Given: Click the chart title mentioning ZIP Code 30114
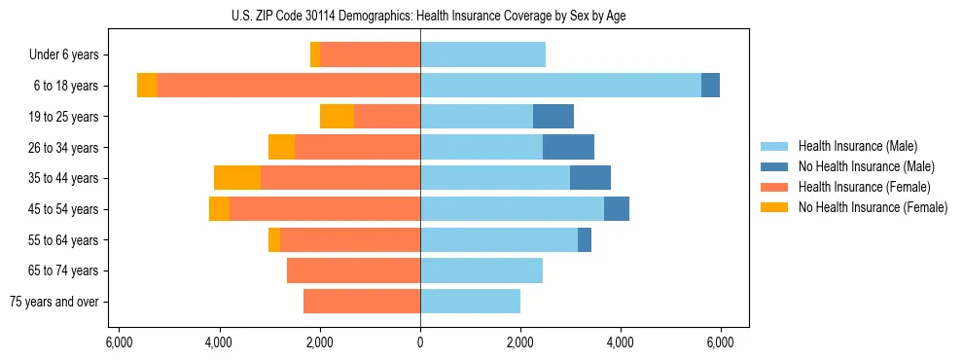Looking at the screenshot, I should point(420,15).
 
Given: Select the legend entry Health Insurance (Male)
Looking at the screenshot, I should point(857,147).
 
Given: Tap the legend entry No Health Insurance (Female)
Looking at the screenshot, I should point(872,207).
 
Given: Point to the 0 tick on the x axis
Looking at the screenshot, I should point(420,342).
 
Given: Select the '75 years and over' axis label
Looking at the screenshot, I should point(54,302).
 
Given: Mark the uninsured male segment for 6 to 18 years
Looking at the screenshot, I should point(710,86).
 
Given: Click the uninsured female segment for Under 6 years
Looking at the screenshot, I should point(315,55).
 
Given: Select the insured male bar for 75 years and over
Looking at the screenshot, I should point(470,302).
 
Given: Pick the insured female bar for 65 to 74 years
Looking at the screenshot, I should point(353,270).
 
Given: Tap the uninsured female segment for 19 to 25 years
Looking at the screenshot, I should point(337,117).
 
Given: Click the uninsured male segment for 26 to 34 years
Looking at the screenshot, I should point(568,148).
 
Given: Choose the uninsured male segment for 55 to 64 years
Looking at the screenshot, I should point(585,239).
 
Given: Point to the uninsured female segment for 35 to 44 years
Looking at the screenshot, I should point(237,178).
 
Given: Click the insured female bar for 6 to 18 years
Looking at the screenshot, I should point(289,86).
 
